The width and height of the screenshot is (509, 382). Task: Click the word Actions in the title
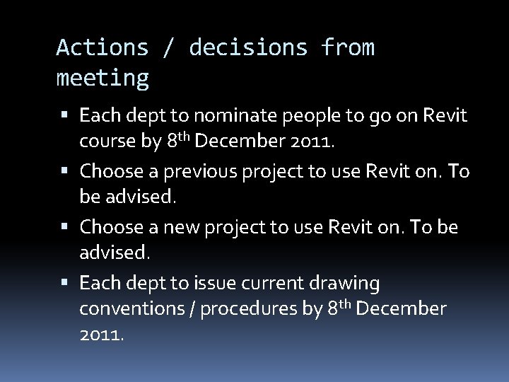click(x=103, y=47)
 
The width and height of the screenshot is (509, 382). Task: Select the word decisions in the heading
click(x=248, y=47)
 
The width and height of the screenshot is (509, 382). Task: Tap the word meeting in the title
click(x=103, y=77)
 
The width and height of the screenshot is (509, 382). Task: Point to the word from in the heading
click(x=348, y=47)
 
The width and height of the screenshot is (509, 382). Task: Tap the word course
click(x=107, y=141)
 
